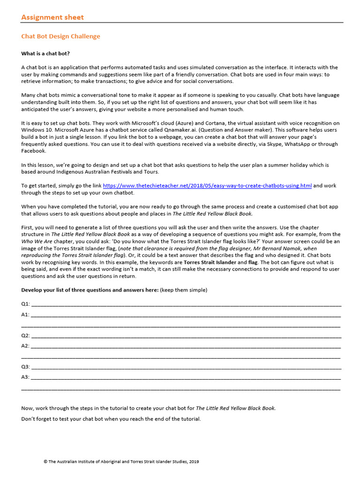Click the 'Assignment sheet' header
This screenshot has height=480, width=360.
[x=52, y=17]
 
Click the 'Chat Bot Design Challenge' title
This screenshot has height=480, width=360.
[x=60, y=36]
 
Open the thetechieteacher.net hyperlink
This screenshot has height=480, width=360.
[x=207, y=186]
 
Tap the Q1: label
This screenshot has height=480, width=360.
[x=25, y=304]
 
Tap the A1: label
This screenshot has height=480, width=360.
[x=25, y=315]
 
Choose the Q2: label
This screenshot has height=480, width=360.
[x=25, y=336]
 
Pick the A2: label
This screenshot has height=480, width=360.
[x=25, y=346]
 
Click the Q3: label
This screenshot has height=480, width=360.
[x=25, y=367]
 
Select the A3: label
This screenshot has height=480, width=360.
[x=25, y=377]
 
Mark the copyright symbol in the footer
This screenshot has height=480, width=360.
[x=45, y=462]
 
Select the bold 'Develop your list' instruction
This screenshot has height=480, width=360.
[x=90, y=290]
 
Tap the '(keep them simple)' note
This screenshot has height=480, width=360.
[x=183, y=290]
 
